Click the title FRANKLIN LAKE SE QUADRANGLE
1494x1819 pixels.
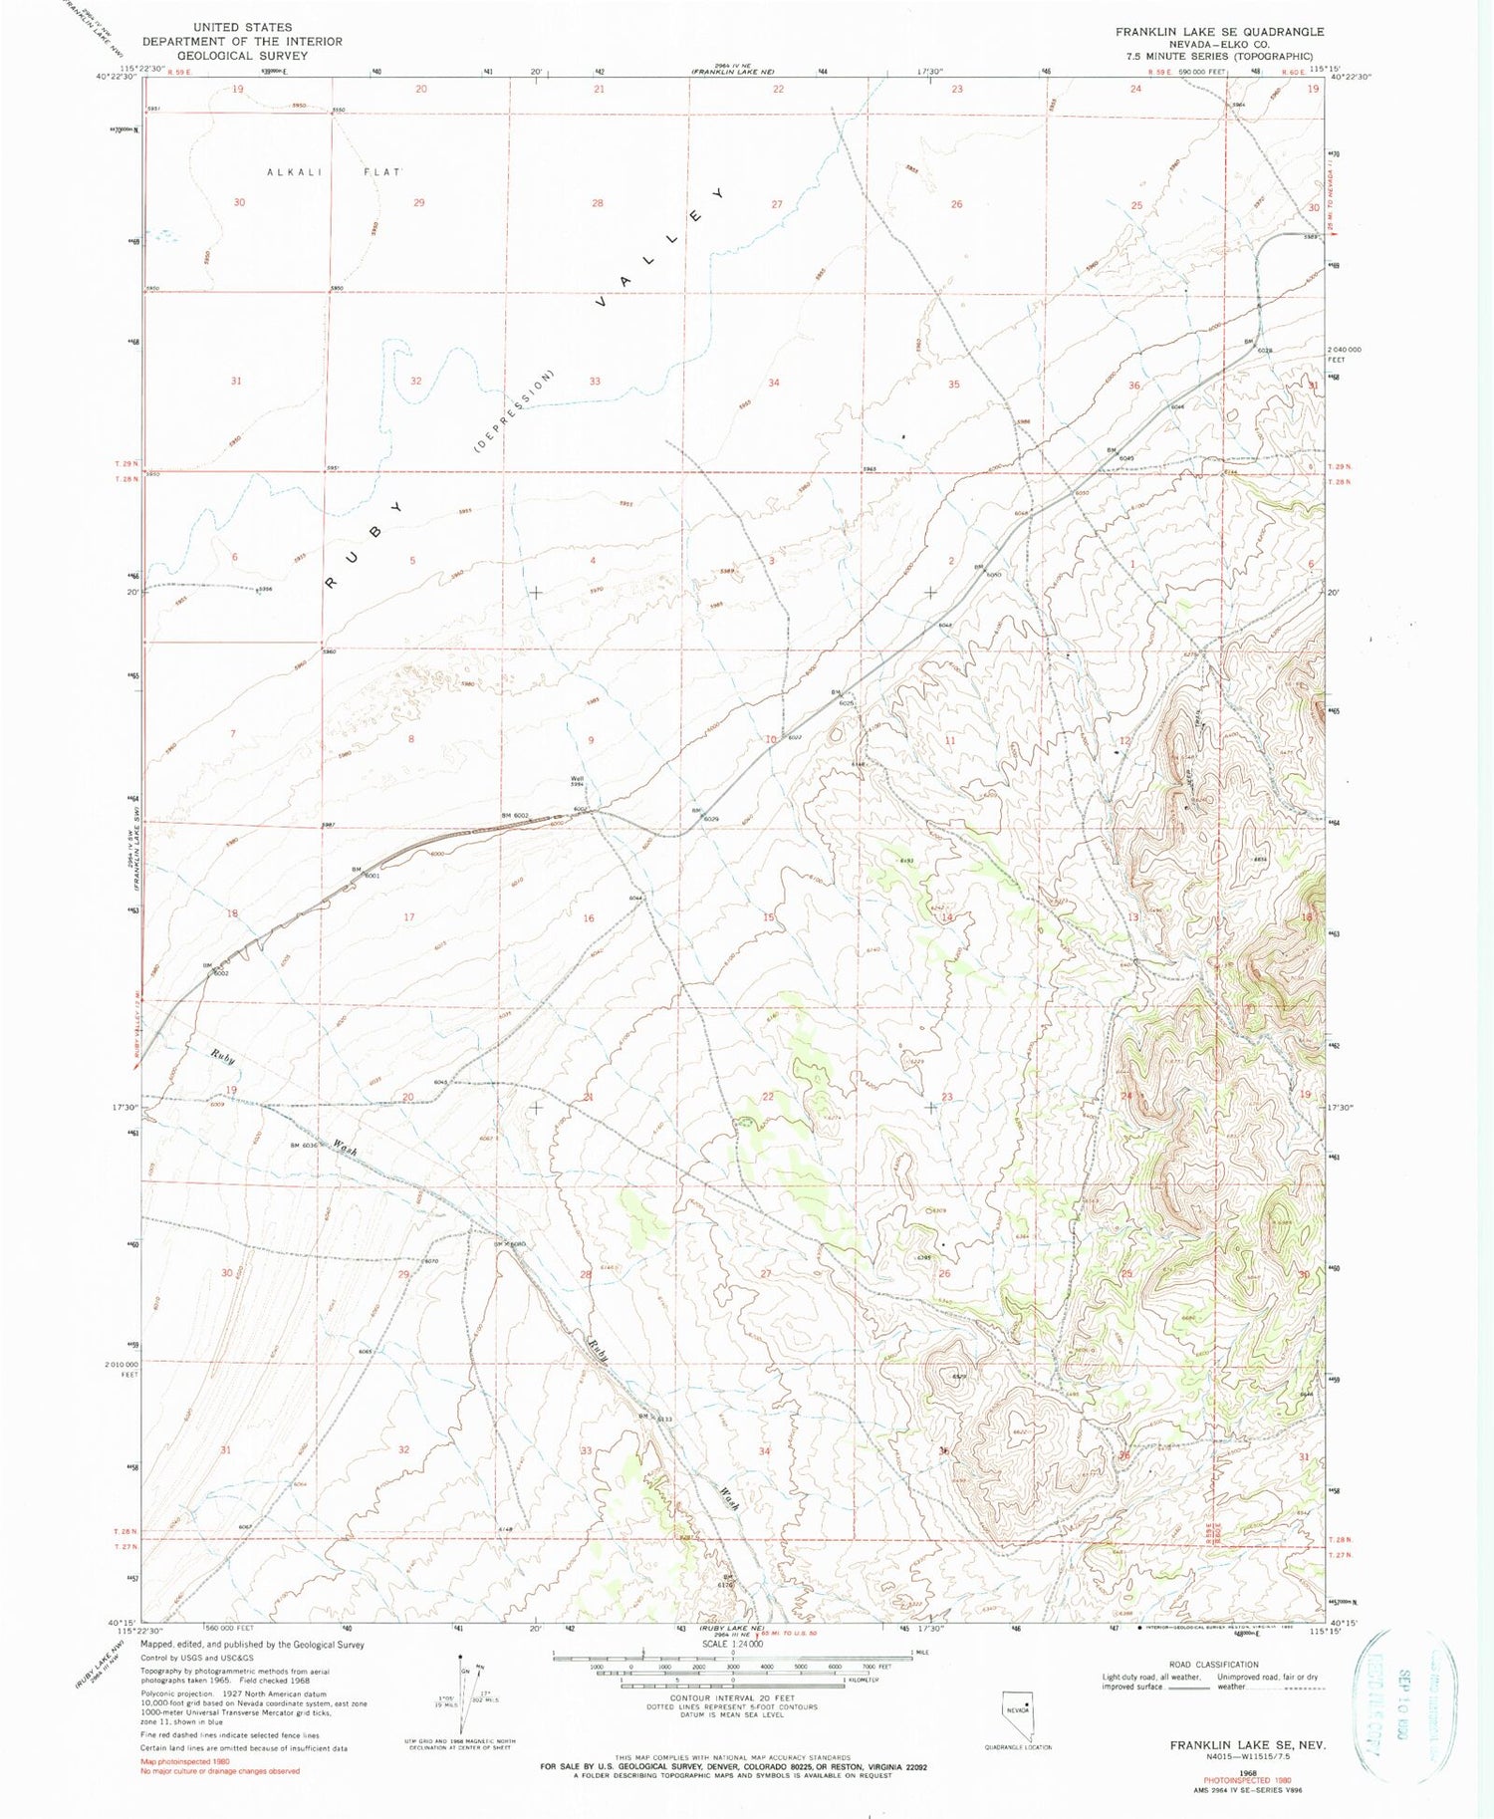tap(1219, 32)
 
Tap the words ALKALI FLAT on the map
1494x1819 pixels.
tap(334, 172)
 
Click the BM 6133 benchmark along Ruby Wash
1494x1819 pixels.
tap(656, 1419)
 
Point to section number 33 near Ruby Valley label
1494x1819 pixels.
tap(595, 382)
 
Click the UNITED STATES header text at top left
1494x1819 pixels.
tap(242, 28)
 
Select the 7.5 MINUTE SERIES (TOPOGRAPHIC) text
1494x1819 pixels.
tap(1219, 57)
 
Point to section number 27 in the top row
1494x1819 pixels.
tap(776, 204)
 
